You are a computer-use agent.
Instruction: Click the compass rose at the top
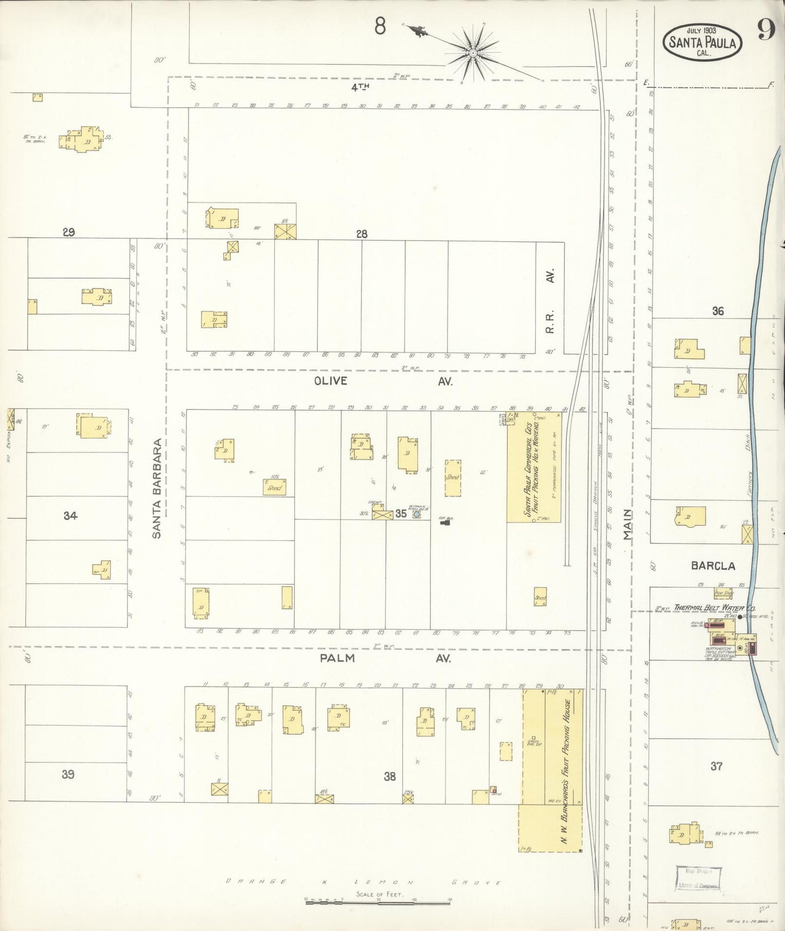coord(473,53)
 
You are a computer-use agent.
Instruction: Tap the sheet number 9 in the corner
coord(765,30)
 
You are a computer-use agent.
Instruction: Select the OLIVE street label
coord(330,381)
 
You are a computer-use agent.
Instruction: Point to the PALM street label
coord(337,658)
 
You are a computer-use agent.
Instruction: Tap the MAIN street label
coord(629,524)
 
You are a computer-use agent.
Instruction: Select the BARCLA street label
coord(713,565)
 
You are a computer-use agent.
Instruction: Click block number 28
coord(362,234)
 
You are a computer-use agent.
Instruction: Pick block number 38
coord(390,777)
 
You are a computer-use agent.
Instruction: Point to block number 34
coord(70,516)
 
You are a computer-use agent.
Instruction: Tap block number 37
coord(717,766)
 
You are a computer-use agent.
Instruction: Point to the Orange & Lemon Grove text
coord(363,882)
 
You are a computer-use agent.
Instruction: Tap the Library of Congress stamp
coord(698,878)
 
